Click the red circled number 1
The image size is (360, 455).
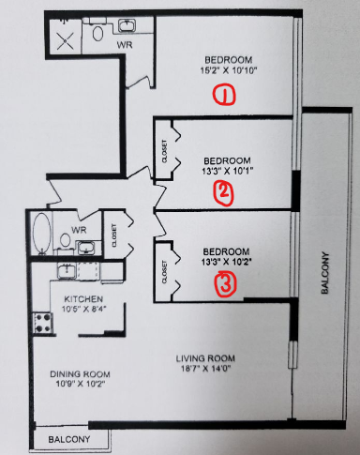coord(224,94)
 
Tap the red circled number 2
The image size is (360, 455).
coord(223,193)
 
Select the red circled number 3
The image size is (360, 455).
coord(225,283)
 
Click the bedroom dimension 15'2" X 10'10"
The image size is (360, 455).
coord(229,70)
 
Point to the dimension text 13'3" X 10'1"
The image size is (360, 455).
coord(227,171)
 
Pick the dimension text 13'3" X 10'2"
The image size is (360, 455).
coord(227,262)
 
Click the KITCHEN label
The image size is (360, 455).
coord(83,299)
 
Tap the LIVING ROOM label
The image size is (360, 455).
coord(205,358)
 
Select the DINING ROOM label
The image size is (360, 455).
coord(80,374)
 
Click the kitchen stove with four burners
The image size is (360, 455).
coord(43,323)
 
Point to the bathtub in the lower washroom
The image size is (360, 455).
coord(42,233)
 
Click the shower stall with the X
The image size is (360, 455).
coord(66,40)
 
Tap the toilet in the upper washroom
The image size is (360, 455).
coord(97,33)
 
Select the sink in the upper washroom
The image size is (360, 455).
coord(127,25)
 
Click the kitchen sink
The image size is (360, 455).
coord(67,270)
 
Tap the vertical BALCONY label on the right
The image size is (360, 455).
coord(325,273)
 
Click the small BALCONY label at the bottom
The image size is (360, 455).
coord(69,439)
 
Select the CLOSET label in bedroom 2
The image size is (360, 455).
coord(165,151)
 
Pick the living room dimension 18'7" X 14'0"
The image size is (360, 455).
coord(206,369)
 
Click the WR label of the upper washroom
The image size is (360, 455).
coord(125,45)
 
